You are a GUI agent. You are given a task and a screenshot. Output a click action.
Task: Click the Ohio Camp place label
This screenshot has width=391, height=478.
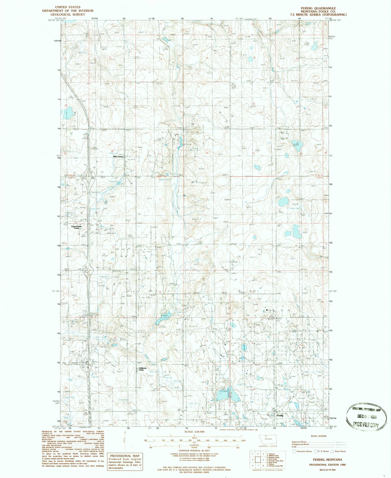point(118,157)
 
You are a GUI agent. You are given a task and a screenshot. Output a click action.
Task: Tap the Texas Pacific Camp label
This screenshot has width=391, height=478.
point(76,227)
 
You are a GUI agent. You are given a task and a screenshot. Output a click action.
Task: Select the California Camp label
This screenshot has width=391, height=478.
point(143,369)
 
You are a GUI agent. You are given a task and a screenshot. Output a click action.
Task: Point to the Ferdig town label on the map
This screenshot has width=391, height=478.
point(280,415)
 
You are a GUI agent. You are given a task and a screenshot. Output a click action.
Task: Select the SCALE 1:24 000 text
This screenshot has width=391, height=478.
point(194,432)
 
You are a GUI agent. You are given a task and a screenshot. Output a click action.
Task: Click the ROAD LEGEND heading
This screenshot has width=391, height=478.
point(319,436)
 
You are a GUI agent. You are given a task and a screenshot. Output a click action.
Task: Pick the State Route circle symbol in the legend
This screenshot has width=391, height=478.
point(332,451)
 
